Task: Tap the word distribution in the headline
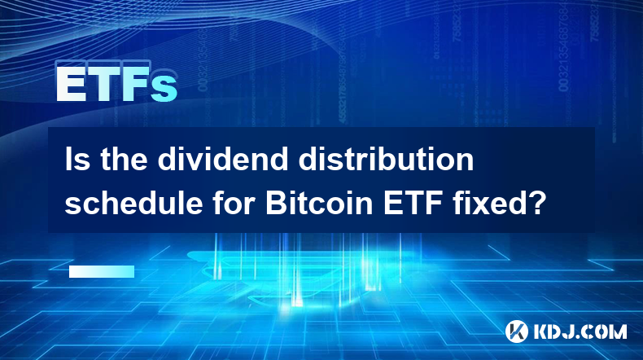pyautogui.click(x=386, y=160)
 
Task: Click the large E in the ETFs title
pyautogui.click(x=70, y=84)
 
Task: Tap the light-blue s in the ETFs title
pyautogui.click(x=164, y=89)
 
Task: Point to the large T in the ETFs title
pyautogui.click(x=103, y=84)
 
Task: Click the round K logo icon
pyautogui.click(x=517, y=331)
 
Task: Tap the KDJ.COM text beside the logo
pyautogui.click(x=580, y=331)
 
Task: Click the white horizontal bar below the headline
pyautogui.click(x=102, y=271)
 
